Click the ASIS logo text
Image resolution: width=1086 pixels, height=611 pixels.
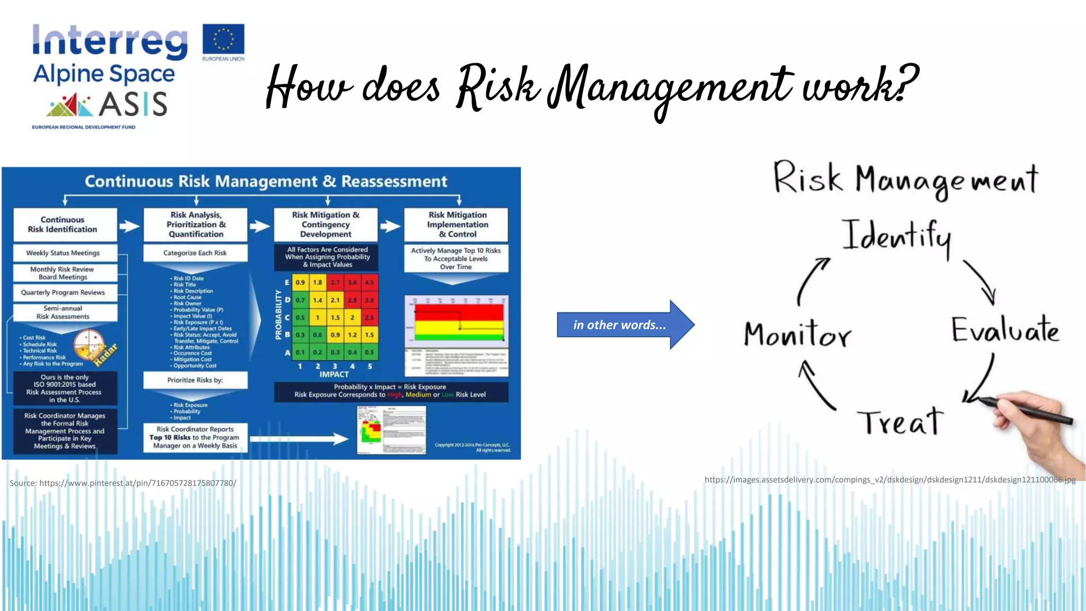tap(133, 104)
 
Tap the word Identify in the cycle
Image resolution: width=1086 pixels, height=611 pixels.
tap(896, 236)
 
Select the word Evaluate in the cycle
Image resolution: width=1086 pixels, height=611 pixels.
tap(1004, 330)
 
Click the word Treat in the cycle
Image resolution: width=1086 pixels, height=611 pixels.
tap(900, 423)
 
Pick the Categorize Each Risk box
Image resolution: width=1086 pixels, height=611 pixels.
tap(195, 253)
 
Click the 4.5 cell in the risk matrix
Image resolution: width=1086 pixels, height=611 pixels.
tap(370, 282)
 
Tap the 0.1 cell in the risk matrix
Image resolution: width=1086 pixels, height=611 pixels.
tap(300, 352)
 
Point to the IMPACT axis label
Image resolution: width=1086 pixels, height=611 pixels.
tap(334, 374)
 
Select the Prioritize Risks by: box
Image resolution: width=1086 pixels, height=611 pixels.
tap(195, 380)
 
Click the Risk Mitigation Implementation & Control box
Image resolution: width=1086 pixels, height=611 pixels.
tap(457, 224)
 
